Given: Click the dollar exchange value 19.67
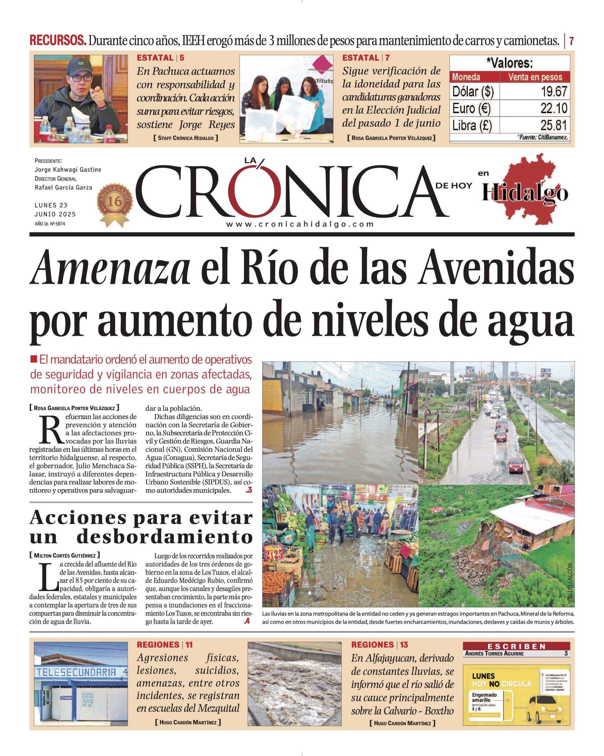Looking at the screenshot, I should (553, 92).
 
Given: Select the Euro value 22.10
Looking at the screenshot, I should (553, 108).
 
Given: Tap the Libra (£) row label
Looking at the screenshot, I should (472, 126).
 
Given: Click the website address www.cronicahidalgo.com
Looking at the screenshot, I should (300, 224).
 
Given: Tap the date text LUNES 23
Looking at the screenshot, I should (51, 205).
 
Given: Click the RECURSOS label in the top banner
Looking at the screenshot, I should (58, 41).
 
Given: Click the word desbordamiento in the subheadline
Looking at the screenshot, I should (165, 537).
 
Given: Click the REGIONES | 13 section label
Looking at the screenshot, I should (380, 644).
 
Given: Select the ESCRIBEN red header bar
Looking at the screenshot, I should (516, 646).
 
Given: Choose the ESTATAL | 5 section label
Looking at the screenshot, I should (160, 58).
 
